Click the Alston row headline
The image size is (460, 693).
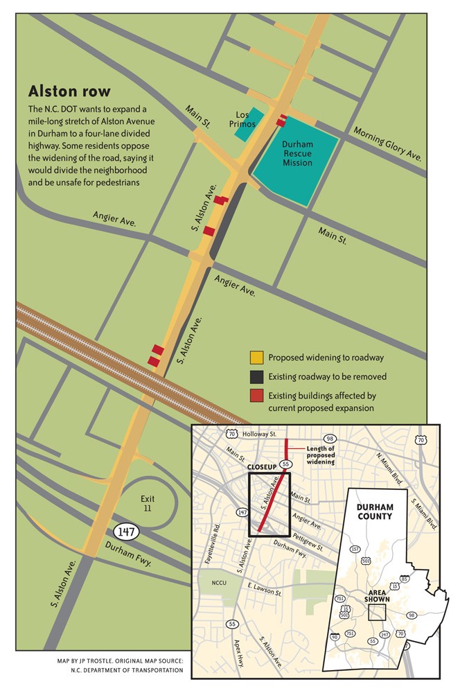tap(69, 91)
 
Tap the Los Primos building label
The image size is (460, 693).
tap(246, 119)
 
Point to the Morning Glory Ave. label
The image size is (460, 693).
tap(387, 143)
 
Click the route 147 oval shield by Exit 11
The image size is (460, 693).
tap(127, 532)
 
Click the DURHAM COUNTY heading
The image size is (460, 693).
tap(374, 511)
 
